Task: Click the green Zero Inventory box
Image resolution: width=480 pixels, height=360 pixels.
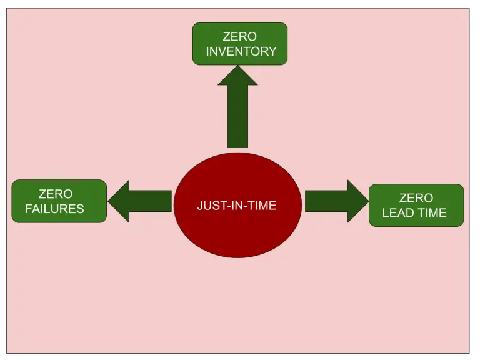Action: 239,44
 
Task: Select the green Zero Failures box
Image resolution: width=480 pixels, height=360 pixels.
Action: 59,201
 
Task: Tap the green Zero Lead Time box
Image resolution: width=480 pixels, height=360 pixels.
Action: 416,205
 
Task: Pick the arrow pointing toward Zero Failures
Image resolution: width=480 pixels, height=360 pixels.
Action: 141,201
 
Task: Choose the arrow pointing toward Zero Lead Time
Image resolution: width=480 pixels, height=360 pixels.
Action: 336,201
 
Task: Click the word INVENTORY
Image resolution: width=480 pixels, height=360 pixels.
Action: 241,51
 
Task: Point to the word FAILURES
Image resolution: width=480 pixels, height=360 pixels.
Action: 54,209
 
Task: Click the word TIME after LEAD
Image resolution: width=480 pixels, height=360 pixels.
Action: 431,213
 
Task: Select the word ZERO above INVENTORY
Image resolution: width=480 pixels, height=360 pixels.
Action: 240,37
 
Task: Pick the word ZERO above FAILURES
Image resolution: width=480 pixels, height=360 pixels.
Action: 55,194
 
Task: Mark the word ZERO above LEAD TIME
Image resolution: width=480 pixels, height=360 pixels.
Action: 416,198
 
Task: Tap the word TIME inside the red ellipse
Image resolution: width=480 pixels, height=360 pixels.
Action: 262,206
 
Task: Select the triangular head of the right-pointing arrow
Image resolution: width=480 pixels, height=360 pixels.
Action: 357,201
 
